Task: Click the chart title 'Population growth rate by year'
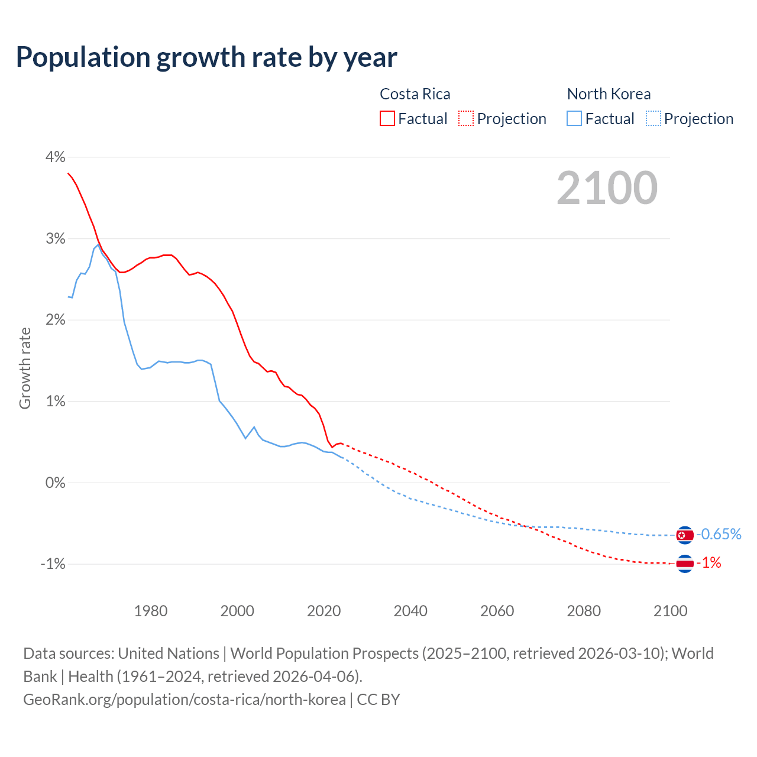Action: click(x=206, y=57)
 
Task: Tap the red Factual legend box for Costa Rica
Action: click(x=387, y=119)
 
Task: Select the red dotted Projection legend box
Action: click(x=466, y=119)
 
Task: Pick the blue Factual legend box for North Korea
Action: click(x=574, y=119)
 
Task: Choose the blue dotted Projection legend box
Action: click(x=653, y=119)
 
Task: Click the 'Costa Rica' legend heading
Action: click(x=415, y=94)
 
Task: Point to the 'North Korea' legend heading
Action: click(x=609, y=94)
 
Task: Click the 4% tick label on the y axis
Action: click(x=55, y=157)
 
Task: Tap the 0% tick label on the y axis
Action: click(x=55, y=483)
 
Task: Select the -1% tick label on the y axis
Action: click(x=53, y=564)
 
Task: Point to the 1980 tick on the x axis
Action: click(x=151, y=611)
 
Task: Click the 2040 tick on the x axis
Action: click(x=410, y=611)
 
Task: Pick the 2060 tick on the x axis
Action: click(x=497, y=611)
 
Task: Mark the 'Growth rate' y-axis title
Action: click(x=25, y=368)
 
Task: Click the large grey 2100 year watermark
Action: click(x=607, y=188)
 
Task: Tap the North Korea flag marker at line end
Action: click(x=684, y=535)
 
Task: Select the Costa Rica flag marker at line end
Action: click(x=684, y=564)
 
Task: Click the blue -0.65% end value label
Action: click(x=719, y=535)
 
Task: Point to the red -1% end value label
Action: click(x=710, y=563)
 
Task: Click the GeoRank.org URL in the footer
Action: click(x=185, y=700)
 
